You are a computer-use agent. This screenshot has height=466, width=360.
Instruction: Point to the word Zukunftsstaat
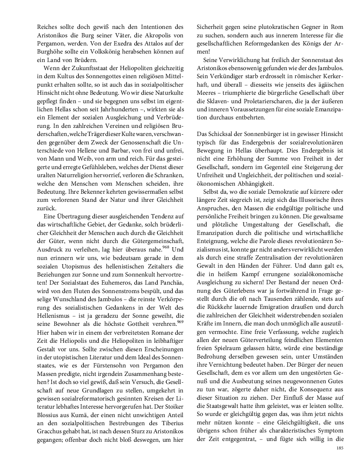pyautogui.click(x=77, y=69)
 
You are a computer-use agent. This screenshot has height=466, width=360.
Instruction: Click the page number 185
pyautogui.click(x=339, y=448)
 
